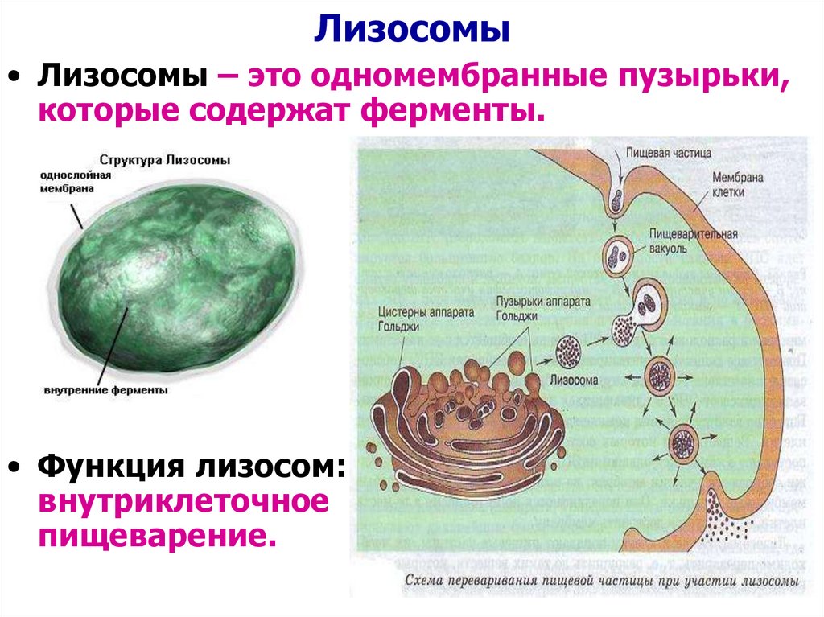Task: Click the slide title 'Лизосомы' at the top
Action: click(411, 31)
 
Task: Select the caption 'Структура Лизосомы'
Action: click(164, 160)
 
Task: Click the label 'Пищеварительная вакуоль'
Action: click(680, 241)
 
